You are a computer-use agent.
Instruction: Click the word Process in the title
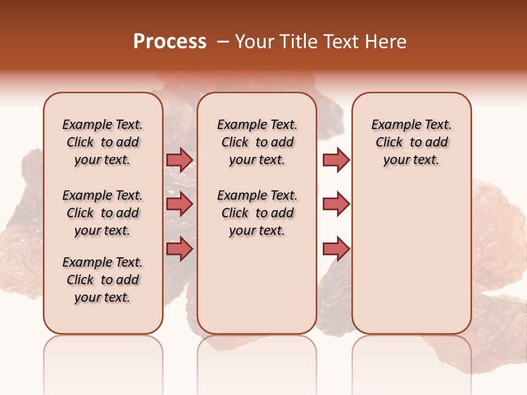(170, 42)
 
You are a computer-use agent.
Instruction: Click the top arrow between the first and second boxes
(180, 160)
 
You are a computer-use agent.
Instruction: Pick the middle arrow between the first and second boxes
(180, 204)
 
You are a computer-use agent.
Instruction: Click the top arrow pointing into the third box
(336, 160)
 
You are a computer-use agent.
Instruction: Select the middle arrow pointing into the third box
(336, 204)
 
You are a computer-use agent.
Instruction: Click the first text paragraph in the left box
(103, 142)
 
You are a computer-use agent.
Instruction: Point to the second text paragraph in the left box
(103, 213)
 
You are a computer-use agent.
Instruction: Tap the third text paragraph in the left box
(103, 280)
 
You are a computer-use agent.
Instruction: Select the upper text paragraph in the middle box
(257, 142)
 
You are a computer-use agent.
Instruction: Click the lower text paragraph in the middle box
(257, 213)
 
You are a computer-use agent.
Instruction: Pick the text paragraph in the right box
(412, 142)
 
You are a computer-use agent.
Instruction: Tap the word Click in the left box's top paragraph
(80, 143)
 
